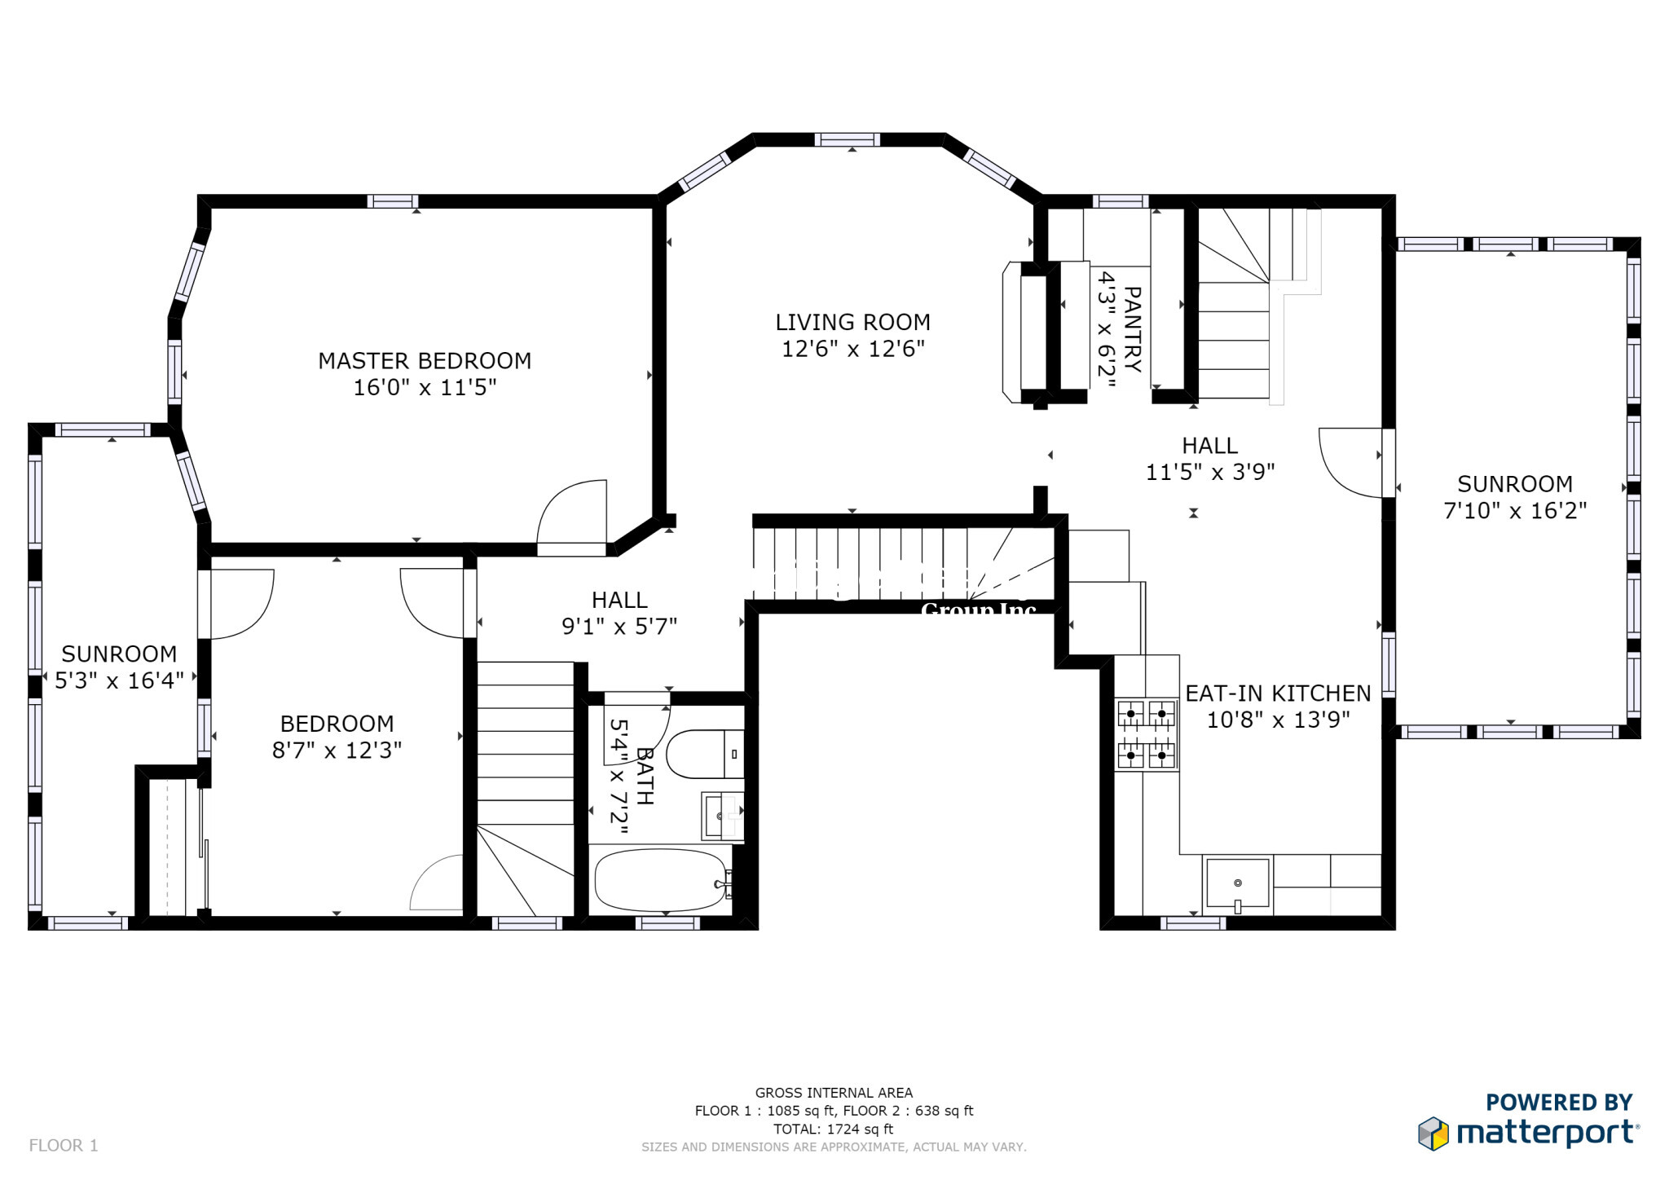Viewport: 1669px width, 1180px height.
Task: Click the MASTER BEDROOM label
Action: [425, 361]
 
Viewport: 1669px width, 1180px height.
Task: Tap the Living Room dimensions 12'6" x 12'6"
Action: [853, 350]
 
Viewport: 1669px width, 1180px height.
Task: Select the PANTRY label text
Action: [1133, 329]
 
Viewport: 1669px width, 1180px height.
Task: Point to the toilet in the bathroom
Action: [702, 754]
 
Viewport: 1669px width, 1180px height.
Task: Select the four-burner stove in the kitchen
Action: [1146, 734]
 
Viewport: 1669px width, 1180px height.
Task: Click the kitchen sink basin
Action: [1237, 882]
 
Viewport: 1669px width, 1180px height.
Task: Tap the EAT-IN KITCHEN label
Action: [1278, 693]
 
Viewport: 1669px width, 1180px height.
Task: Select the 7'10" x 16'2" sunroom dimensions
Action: [1515, 511]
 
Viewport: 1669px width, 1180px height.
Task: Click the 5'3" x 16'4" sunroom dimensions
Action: [119, 680]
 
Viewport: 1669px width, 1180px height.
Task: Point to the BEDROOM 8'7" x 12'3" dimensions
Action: [337, 751]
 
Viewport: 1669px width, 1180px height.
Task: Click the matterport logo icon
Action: [1433, 1134]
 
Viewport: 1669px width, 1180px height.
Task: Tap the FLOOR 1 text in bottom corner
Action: [64, 1145]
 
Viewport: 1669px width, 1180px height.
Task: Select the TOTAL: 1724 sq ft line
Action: [833, 1129]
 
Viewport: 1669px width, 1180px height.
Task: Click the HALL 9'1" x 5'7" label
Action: [619, 613]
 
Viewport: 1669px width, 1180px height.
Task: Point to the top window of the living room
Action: [847, 139]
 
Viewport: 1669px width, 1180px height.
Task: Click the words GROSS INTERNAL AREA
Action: [833, 1093]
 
